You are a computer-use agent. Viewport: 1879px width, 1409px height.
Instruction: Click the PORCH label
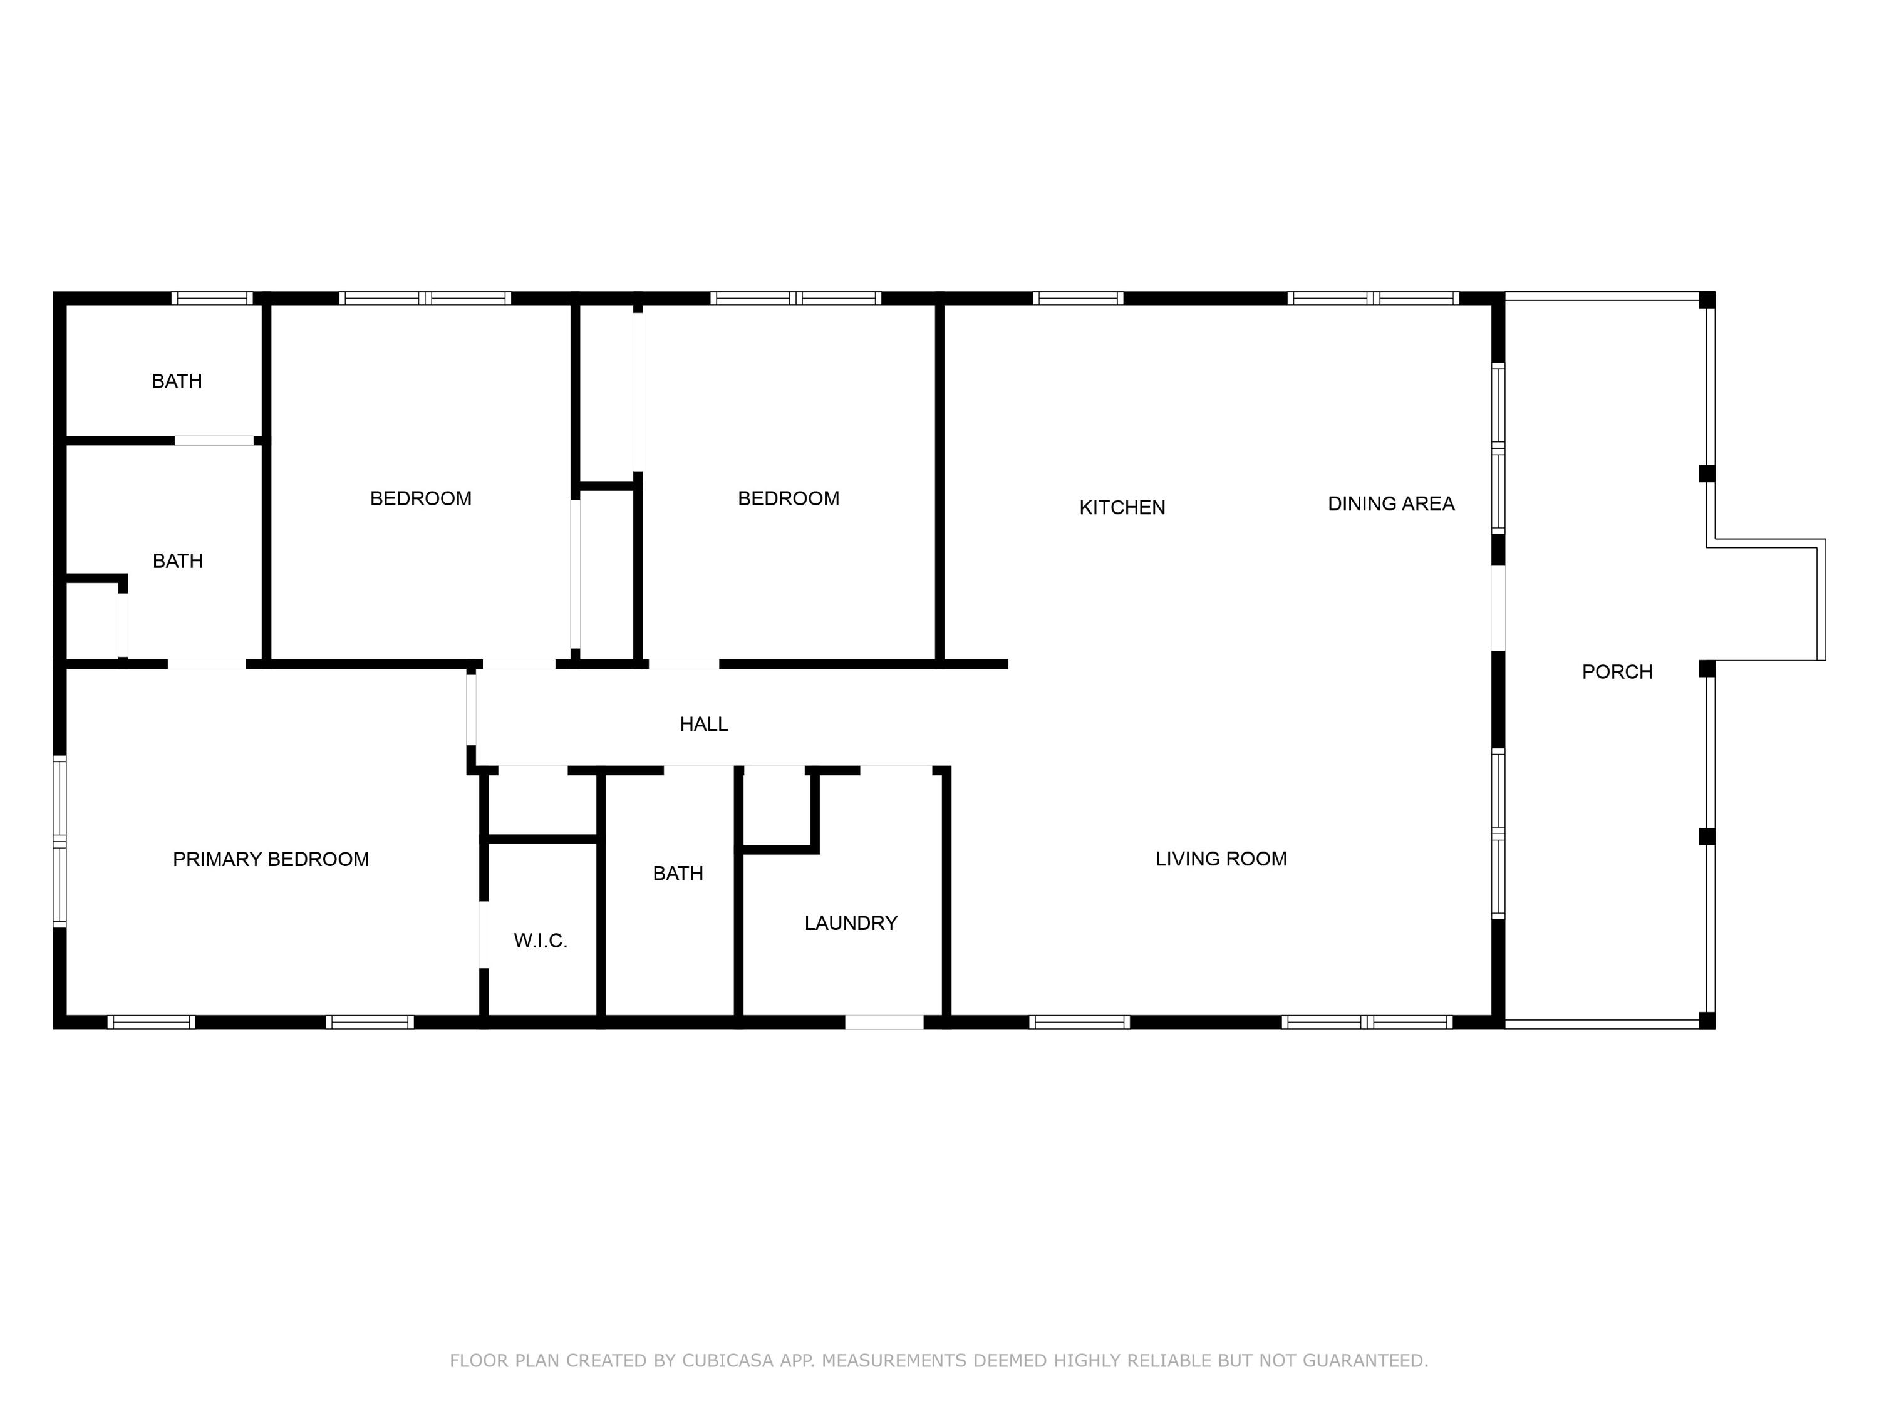click(x=1617, y=672)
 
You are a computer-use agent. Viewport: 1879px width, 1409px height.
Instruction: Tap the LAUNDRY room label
click(x=851, y=923)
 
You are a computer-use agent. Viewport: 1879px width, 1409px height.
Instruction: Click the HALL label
click(x=703, y=724)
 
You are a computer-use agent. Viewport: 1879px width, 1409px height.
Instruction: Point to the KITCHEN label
click(x=1122, y=507)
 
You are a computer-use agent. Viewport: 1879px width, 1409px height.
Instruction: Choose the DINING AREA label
click(x=1392, y=503)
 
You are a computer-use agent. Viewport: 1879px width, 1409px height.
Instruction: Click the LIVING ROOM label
click(x=1221, y=859)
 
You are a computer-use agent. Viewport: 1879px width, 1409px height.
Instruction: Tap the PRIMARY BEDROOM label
click(x=271, y=860)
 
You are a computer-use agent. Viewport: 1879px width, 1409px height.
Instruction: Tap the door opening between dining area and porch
click(x=1498, y=608)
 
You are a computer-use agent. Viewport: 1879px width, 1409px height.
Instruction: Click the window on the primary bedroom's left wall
click(x=60, y=841)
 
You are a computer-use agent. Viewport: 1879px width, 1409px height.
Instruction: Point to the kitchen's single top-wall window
click(x=1078, y=298)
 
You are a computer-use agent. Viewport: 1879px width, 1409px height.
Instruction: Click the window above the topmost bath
click(x=212, y=298)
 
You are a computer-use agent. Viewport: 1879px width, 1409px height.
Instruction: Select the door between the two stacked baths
click(x=214, y=441)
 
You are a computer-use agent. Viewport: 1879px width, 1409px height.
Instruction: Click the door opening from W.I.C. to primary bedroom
click(x=484, y=934)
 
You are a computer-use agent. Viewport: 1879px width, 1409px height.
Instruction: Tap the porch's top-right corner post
click(x=1707, y=300)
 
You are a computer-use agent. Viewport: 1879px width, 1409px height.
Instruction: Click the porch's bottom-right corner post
click(x=1707, y=1020)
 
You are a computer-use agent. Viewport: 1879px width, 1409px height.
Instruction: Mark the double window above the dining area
click(x=1373, y=298)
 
